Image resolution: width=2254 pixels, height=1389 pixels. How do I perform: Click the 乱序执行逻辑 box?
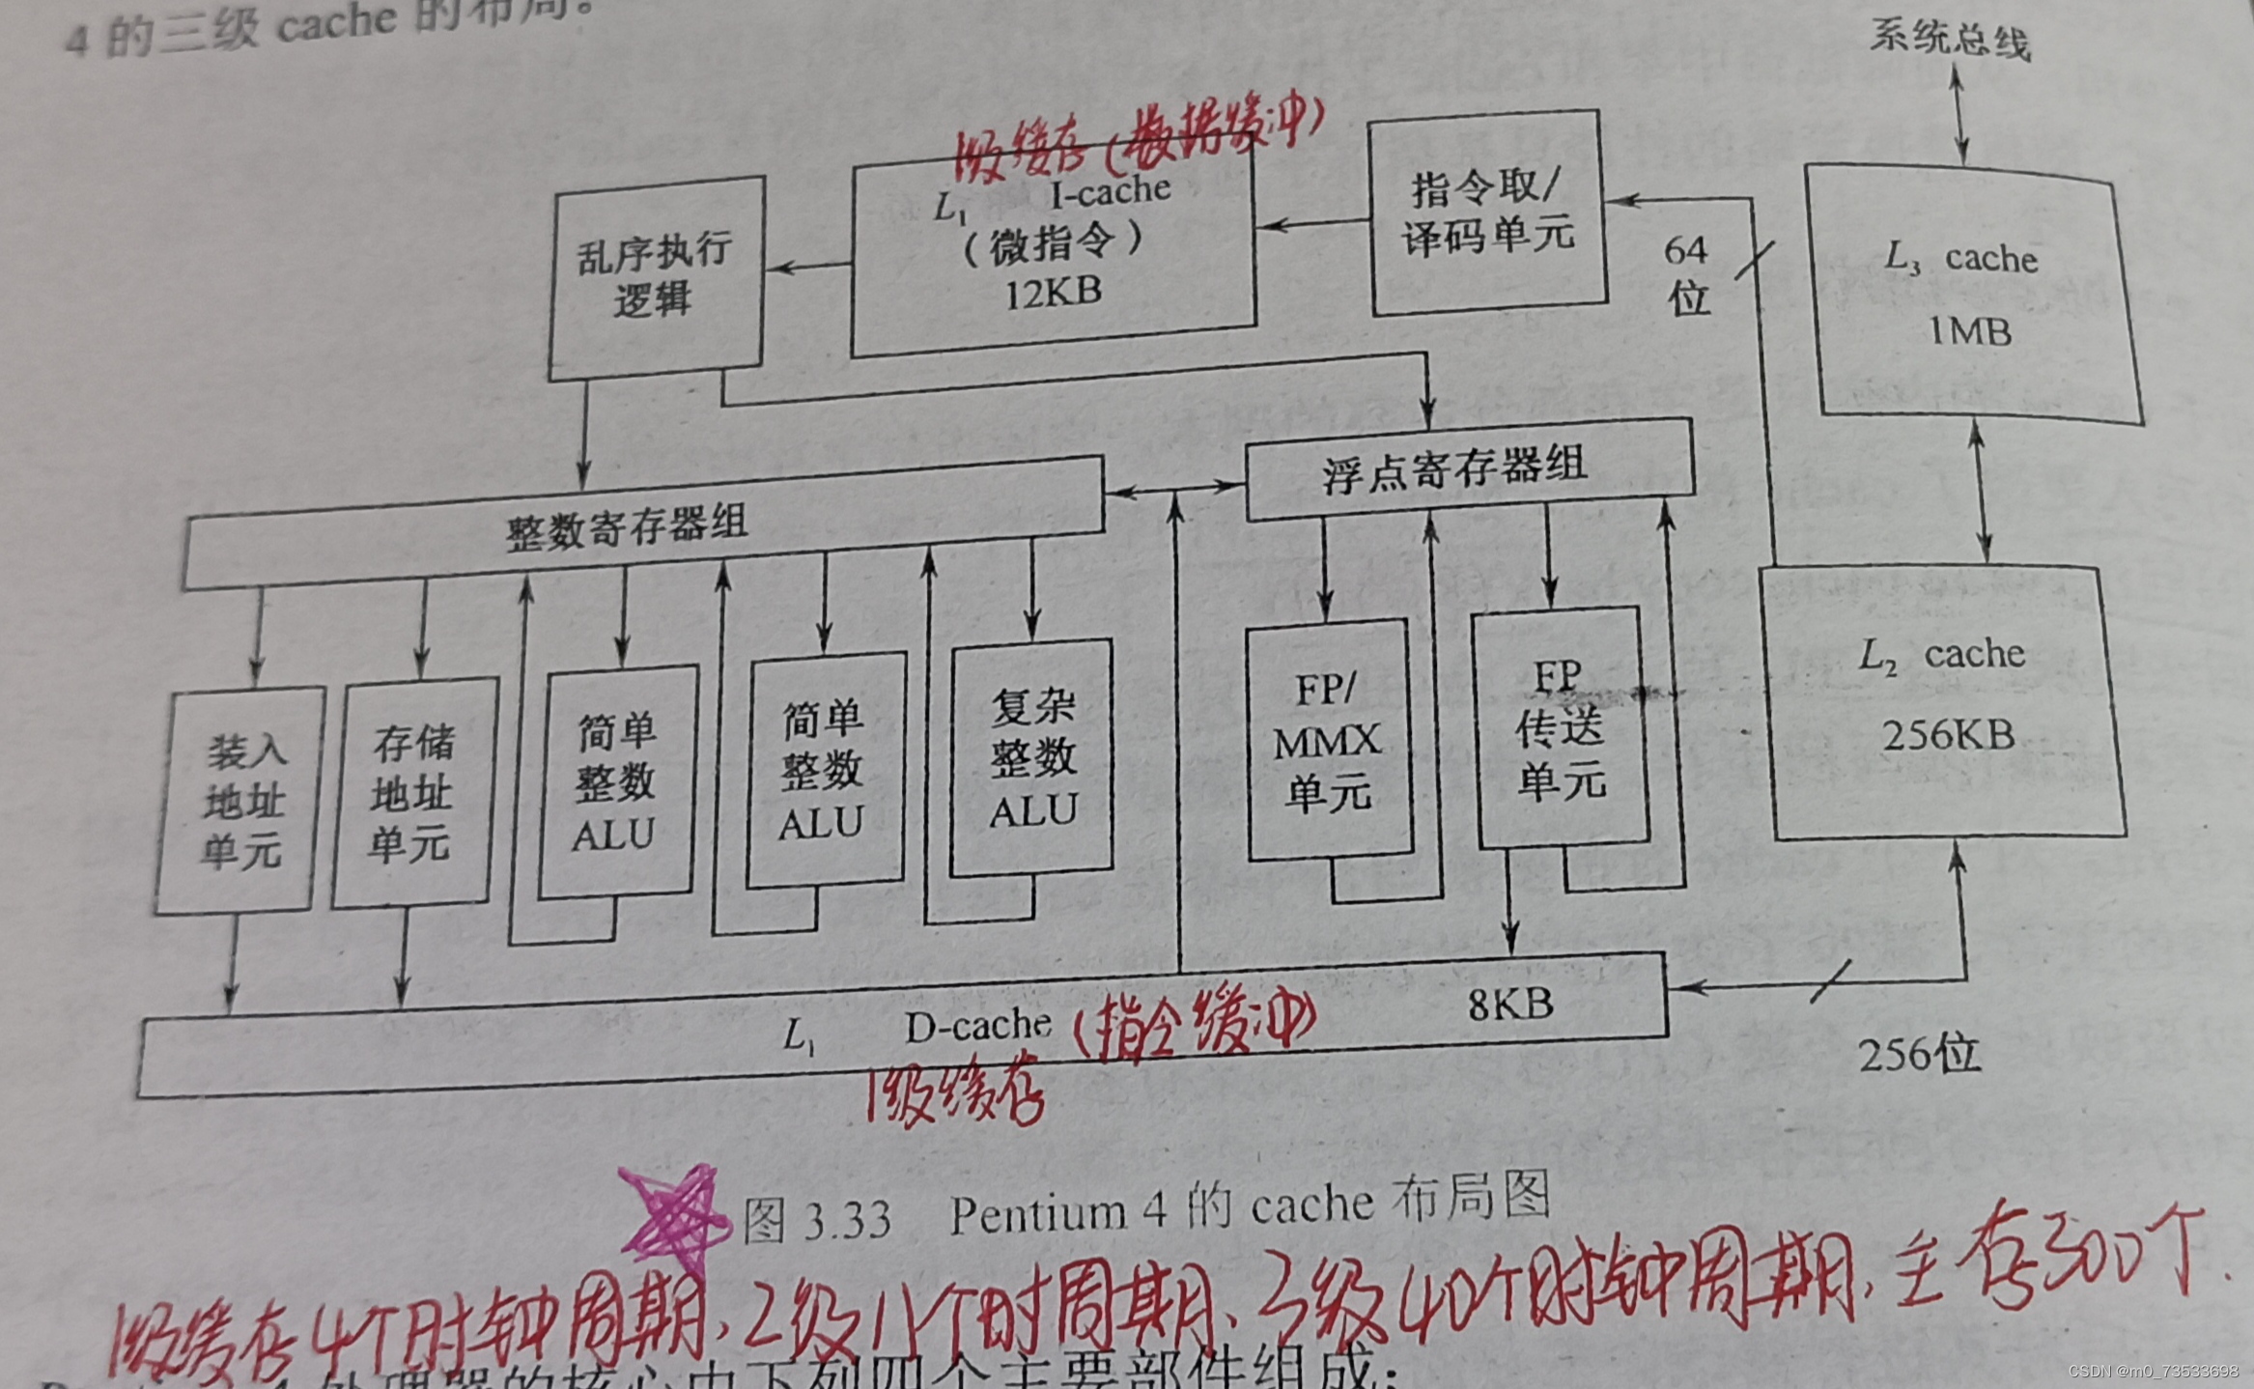point(655,277)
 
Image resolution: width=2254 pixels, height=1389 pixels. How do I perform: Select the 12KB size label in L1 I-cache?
point(1053,292)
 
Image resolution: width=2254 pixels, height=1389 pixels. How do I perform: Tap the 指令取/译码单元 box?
point(1487,213)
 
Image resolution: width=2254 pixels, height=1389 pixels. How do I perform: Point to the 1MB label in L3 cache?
point(1970,332)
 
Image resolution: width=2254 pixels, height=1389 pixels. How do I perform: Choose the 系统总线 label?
point(1949,39)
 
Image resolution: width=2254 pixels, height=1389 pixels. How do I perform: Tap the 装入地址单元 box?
point(240,801)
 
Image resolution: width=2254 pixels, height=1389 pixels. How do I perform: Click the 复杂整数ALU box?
point(1031,758)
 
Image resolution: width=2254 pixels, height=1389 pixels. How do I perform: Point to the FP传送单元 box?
point(1559,729)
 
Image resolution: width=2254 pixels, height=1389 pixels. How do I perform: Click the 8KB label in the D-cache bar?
point(1509,1006)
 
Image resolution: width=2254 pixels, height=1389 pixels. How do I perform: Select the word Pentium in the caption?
point(1038,1213)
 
